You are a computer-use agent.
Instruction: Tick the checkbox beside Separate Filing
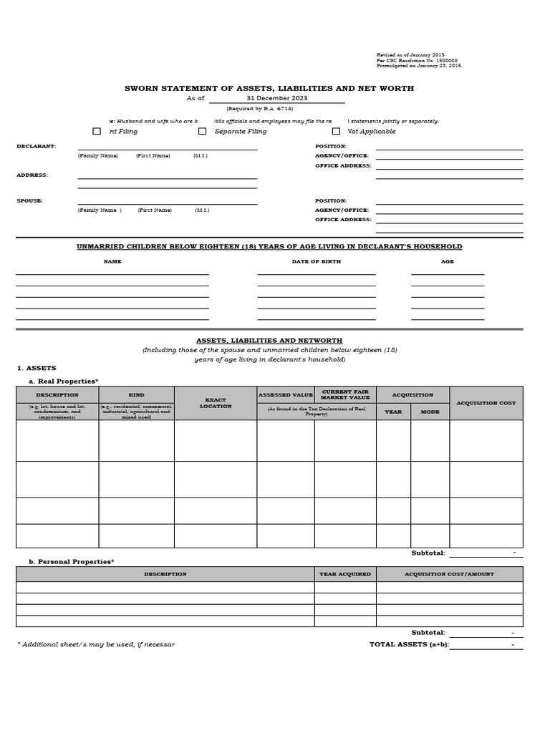202,131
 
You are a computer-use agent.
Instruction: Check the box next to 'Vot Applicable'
336,131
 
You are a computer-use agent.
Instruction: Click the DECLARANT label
37,146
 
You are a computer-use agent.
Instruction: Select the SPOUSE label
29,200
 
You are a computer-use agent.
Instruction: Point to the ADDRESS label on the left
32,175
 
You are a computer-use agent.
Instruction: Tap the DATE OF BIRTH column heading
316,261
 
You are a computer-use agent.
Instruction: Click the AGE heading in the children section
448,261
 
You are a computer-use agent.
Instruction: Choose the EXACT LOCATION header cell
216,403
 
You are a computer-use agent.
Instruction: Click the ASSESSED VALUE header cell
285,394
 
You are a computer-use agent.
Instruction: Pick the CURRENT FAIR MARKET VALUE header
345,394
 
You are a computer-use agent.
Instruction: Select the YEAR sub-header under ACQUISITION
393,412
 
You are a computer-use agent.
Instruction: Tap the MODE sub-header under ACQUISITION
430,412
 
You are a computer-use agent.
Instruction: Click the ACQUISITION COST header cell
486,403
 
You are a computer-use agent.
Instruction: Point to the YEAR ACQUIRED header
345,574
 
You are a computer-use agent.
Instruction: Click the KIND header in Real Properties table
136,394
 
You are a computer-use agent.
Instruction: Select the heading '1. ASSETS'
37,368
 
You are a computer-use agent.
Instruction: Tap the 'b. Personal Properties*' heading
71,562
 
